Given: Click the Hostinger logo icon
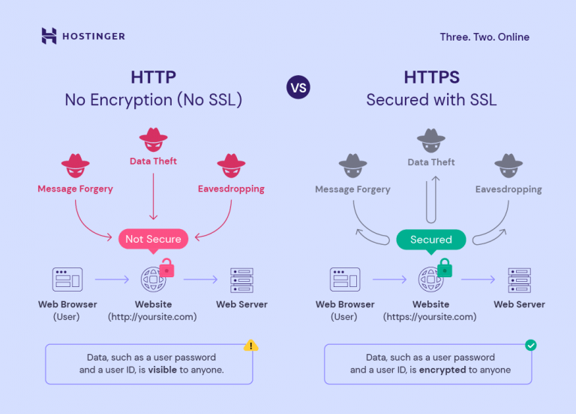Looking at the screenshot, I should pos(49,35).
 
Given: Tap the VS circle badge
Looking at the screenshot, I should pos(298,88).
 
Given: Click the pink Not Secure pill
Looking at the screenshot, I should pos(153,239).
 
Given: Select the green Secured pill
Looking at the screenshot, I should pos(430,240).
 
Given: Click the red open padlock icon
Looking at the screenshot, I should pos(166,267).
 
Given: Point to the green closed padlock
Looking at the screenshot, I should pos(444,267).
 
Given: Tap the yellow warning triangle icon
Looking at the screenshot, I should pos(251,346).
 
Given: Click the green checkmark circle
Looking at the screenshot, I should pos(530,346).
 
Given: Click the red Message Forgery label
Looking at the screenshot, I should pos(75,189).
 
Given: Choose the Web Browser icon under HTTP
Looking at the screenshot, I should pos(67,280).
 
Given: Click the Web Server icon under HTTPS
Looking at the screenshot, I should pos(519,280).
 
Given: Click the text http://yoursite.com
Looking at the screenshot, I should pos(153,317).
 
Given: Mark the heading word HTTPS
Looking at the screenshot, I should pos(430,77).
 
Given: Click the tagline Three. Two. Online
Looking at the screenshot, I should pos(484,37).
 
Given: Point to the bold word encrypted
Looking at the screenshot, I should pos(442,370).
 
